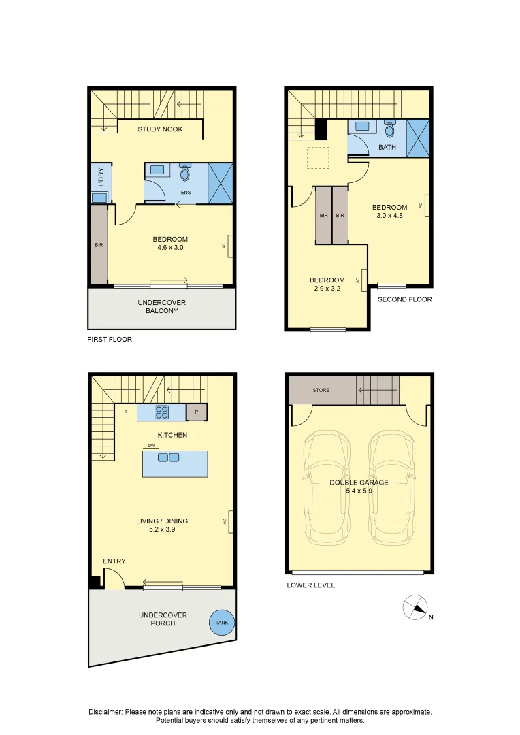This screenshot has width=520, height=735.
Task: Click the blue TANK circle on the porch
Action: click(x=222, y=623)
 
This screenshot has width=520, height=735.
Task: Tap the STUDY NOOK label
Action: click(x=160, y=129)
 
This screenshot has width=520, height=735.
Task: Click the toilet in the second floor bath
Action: click(x=390, y=129)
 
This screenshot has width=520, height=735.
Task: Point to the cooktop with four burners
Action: click(x=162, y=412)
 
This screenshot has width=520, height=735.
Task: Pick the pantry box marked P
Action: click(x=197, y=412)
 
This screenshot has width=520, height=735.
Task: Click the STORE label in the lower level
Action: click(x=321, y=390)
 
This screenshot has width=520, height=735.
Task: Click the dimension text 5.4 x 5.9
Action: click(x=359, y=491)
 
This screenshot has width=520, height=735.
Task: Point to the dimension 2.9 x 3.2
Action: click(x=327, y=289)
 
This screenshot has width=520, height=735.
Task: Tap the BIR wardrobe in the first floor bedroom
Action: click(x=99, y=245)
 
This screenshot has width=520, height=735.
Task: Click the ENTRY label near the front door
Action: click(x=114, y=561)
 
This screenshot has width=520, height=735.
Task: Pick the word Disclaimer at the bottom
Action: click(x=105, y=711)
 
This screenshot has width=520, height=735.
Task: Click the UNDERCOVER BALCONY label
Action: click(x=161, y=306)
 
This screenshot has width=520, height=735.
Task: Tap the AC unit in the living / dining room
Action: click(x=231, y=521)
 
